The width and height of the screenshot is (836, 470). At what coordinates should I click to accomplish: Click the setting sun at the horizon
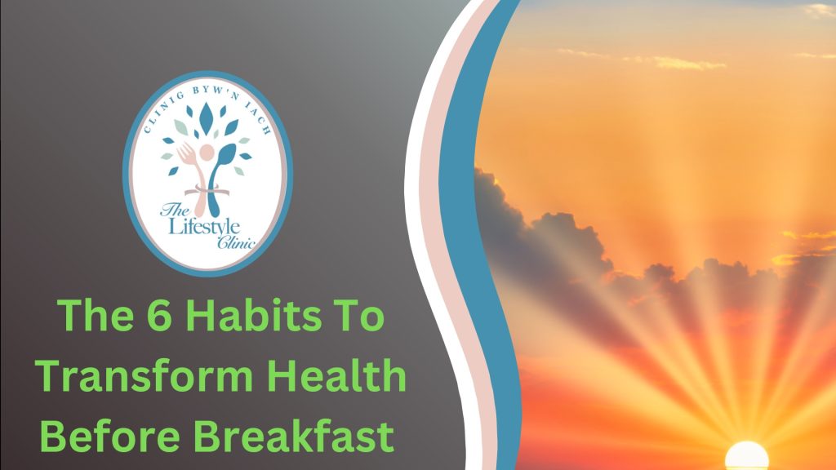pos(746,455)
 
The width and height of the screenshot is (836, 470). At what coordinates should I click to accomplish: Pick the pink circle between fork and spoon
pos(205,153)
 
